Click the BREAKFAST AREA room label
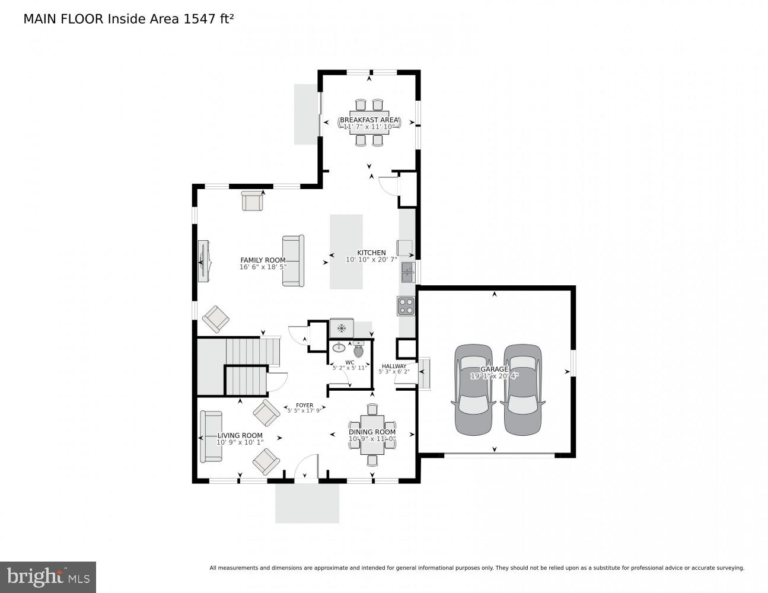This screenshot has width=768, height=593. pyautogui.click(x=369, y=120)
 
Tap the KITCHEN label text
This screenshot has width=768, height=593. pyautogui.click(x=371, y=253)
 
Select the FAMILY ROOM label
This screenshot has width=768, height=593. pyautogui.click(x=263, y=260)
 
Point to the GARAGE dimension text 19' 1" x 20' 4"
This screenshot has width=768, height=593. pyautogui.click(x=494, y=376)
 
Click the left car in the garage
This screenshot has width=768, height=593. pyautogui.click(x=474, y=390)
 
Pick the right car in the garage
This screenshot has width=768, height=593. pyautogui.click(x=522, y=390)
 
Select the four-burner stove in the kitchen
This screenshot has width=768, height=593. pyautogui.click(x=406, y=306)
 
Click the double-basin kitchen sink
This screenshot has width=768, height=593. pyautogui.click(x=408, y=272)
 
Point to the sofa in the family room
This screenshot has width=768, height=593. pyautogui.click(x=293, y=261)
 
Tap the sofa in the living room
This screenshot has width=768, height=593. pyautogui.click(x=211, y=436)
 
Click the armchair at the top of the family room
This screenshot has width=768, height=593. pyautogui.click(x=252, y=201)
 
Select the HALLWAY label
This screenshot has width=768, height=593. pyautogui.click(x=394, y=366)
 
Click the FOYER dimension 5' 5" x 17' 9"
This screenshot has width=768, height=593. pyautogui.click(x=304, y=410)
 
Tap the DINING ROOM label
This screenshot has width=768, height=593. pyautogui.click(x=372, y=432)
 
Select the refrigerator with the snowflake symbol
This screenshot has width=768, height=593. pyautogui.click(x=342, y=328)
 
